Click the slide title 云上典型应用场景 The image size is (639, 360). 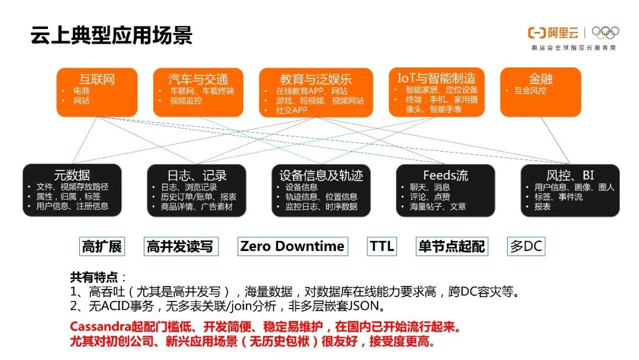point(112,35)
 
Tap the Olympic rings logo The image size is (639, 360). point(605,33)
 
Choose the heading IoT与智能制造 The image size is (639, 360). point(436,78)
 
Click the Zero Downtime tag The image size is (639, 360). point(292,246)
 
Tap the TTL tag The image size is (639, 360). point(382,246)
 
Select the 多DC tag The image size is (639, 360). point(526,246)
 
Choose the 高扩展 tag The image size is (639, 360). point(102,246)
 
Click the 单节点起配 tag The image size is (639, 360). point(451,246)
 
